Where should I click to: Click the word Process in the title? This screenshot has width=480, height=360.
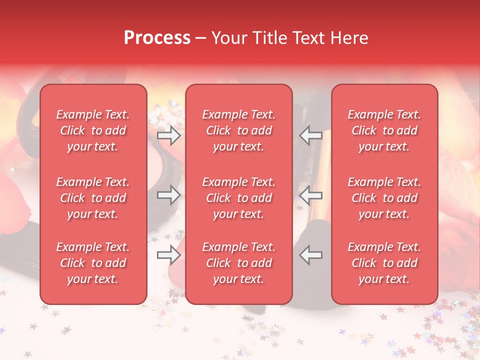[x=157, y=38]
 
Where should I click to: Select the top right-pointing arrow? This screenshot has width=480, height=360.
[x=169, y=135]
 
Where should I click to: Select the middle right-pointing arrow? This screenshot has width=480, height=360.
[x=169, y=195]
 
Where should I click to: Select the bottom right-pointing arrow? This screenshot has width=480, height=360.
[x=169, y=255]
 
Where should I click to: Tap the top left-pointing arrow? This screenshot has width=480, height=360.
[x=310, y=135]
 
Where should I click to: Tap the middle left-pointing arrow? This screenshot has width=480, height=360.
[x=310, y=195]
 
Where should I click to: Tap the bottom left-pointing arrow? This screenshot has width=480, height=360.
[x=310, y=255]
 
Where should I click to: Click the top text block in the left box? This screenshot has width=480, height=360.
[x=93, y=130]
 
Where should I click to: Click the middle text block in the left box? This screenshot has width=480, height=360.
[x=93, y=198]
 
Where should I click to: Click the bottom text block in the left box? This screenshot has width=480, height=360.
[x=93, y=263]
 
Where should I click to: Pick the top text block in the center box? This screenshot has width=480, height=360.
[x=238, y=130]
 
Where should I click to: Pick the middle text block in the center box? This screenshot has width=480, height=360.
[x=238, y=198]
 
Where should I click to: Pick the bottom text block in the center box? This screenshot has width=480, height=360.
[x=238, y=263]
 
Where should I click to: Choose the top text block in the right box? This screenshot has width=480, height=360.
[x=384, y=130]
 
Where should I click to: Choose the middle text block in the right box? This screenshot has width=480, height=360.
[x=384, y=198]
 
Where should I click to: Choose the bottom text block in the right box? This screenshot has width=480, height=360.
[x=384, y=263]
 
